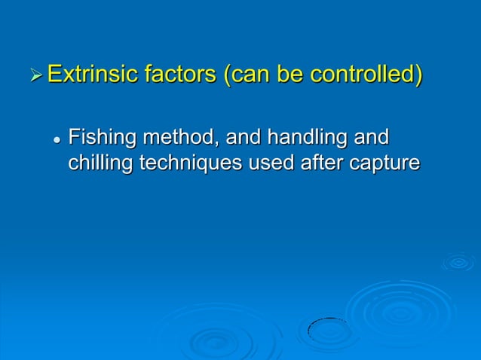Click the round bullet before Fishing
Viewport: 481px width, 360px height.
pos(57,140)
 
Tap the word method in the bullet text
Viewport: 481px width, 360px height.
pos(178,139)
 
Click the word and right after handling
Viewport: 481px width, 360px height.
pos(371,139)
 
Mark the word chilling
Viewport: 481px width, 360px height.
pos(100,163)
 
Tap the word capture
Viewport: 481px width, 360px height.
pos(388,163)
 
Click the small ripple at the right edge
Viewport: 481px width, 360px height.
pos(458,262)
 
